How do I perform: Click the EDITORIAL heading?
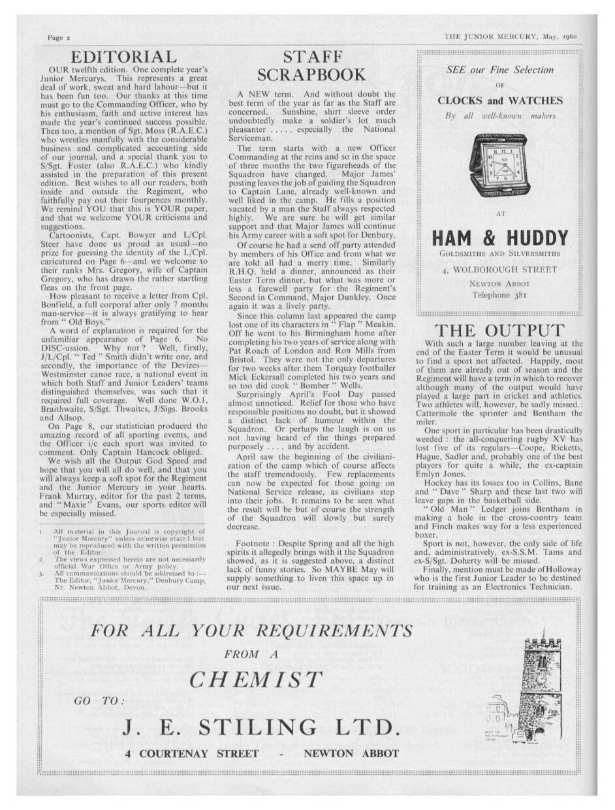(x=123, y=57)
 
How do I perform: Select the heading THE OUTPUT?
(x=499, y=330)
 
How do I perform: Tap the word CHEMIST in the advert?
(x=256, y=679)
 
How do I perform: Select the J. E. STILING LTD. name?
(x=260, y=727)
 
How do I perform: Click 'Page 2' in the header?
(x=59, y=38)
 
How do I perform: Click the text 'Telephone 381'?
(x=499, y=295)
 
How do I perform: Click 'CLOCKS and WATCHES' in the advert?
(x=499, y=101)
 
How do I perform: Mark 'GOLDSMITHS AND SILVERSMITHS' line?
(x=499, y=255)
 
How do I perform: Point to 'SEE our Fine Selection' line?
(x=499, y=70)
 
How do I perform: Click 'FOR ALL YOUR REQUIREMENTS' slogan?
(x=251, y=631)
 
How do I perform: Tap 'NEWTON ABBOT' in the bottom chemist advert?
(x=351, y=753)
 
